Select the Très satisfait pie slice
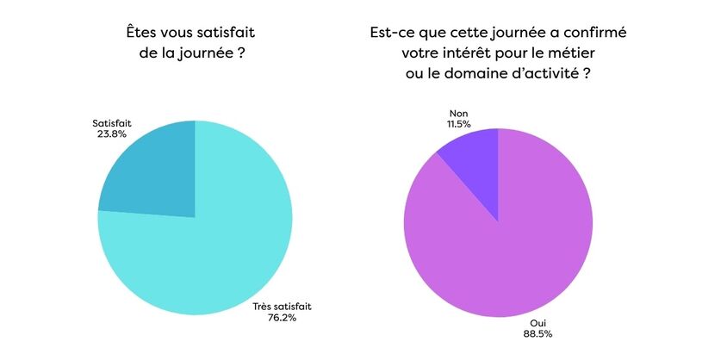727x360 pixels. pos(207,258)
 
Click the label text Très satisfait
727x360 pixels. pos(282,306)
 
